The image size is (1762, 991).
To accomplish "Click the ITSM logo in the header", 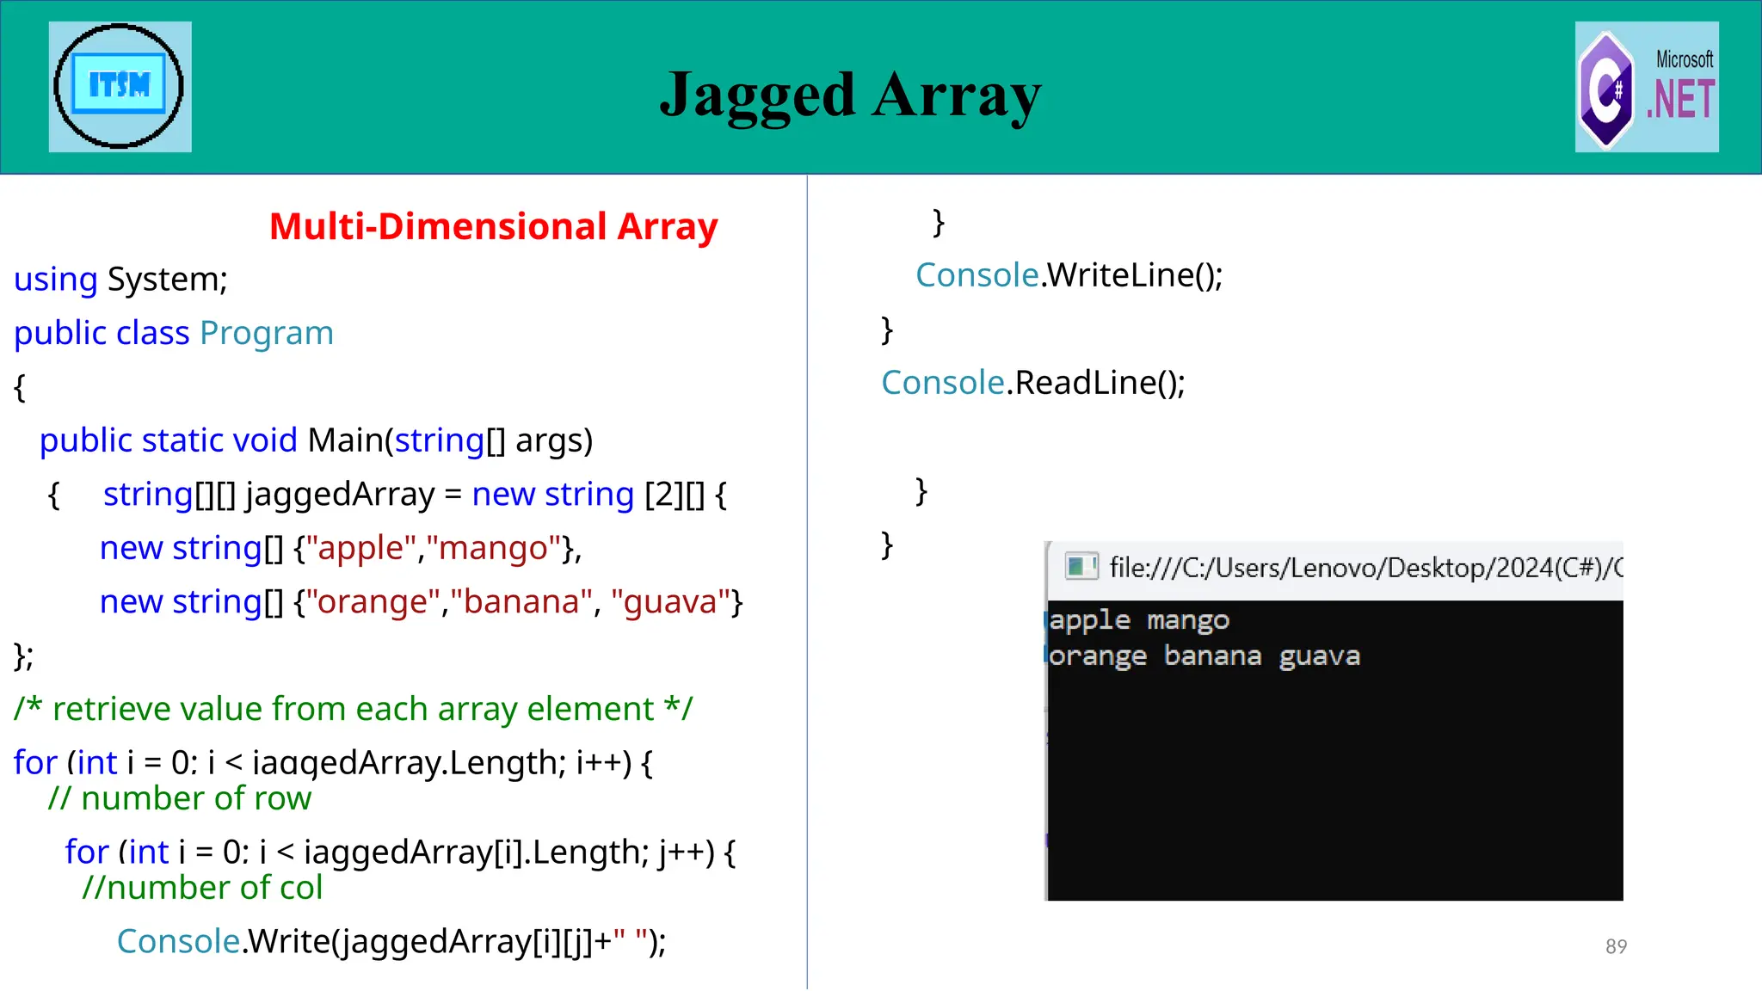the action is [120, 86].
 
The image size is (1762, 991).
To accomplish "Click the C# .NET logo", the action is [1646, 88].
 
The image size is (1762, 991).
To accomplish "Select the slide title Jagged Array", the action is [850, 95].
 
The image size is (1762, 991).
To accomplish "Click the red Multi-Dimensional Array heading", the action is [493, 227].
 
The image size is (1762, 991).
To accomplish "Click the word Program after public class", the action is [267, 334].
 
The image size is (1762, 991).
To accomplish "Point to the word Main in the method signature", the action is [344, 440].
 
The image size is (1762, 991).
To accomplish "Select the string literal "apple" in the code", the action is [360, 548].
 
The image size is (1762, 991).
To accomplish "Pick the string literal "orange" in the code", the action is [373, 602].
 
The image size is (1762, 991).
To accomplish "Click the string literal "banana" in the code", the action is [521, 602].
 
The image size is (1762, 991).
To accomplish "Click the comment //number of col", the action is [202, 888].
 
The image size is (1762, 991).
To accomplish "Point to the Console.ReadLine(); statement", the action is [1032, 383].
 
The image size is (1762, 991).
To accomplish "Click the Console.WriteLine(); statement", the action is [1069, 275].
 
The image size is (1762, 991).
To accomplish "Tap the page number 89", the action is [1616, 946].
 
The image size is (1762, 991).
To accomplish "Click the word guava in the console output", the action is [1319, 656].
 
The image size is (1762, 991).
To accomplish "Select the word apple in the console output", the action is [1089, 620].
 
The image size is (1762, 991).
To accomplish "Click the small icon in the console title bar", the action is [1081, 566].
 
